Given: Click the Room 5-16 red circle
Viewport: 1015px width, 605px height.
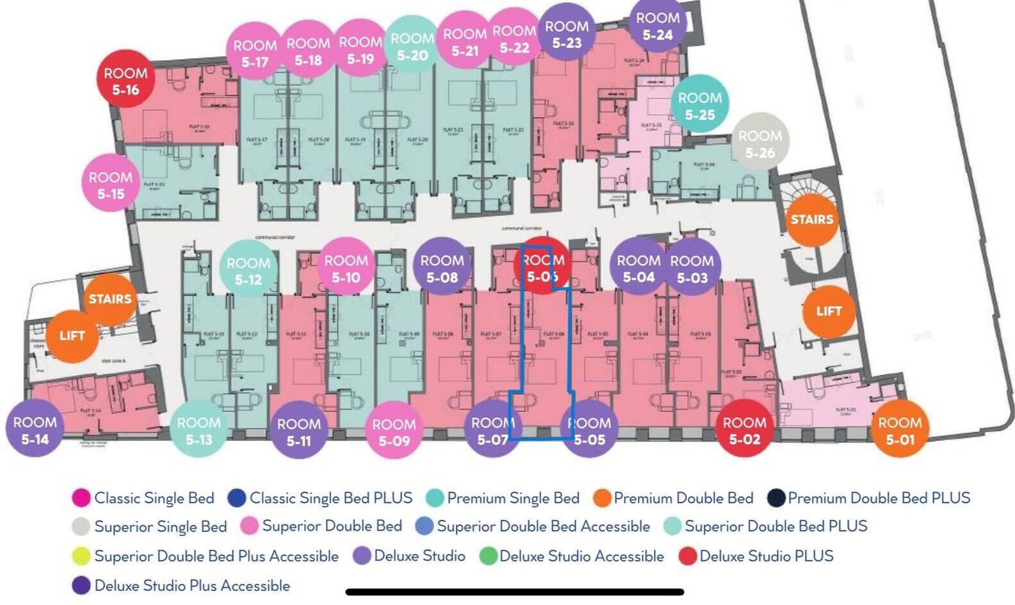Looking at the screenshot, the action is (x=126, y=81).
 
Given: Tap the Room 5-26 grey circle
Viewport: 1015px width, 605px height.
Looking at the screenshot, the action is (x=760, y=144).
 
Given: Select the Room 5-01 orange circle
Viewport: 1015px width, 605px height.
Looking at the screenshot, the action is (x=900, y=430).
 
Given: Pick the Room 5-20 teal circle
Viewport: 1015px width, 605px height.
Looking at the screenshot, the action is (x=412, y=47).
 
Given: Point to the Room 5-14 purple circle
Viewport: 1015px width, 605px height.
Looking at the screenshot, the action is (x=35, y=430).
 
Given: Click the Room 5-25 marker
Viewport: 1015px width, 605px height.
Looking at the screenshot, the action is (x=700, y=106).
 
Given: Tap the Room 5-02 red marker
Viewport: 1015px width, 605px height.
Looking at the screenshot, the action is (x=744, y=430).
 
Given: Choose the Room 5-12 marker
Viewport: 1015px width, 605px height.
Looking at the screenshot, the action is (x=248, y=270).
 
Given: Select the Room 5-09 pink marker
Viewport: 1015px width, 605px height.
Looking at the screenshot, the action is (x=394, y=431).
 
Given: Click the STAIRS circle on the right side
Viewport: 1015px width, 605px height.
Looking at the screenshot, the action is (x=812, y=219).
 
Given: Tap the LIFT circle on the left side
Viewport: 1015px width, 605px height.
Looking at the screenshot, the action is (x=72, y=335).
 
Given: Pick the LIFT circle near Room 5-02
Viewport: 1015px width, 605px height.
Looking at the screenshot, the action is (x=829, y=311).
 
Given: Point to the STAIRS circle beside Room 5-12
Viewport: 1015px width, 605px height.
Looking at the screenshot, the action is (x=110, y=299).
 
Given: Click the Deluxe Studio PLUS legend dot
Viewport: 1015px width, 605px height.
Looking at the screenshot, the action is (x=688, y=556).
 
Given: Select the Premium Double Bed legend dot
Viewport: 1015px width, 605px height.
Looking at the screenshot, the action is (x=602, y=498).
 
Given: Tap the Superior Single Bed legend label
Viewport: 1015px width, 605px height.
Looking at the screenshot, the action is (x=160, y=527).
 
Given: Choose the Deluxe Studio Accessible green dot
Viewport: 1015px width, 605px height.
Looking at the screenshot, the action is (x=489, y=556).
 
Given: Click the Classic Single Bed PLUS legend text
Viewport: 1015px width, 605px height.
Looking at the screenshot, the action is (x=330, y=498).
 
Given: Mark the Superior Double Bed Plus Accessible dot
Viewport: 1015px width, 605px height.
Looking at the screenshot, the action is (x=81, y=556).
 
